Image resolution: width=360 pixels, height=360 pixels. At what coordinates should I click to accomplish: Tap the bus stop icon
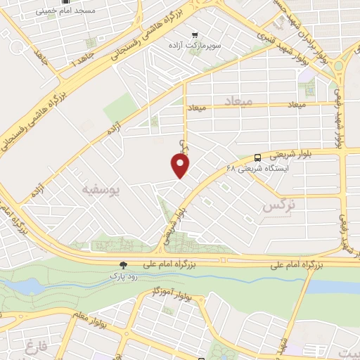(259, 157)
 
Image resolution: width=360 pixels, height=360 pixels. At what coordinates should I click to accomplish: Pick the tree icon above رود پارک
(124, 265)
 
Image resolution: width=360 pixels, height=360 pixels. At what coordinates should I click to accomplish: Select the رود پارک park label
(124, 276)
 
